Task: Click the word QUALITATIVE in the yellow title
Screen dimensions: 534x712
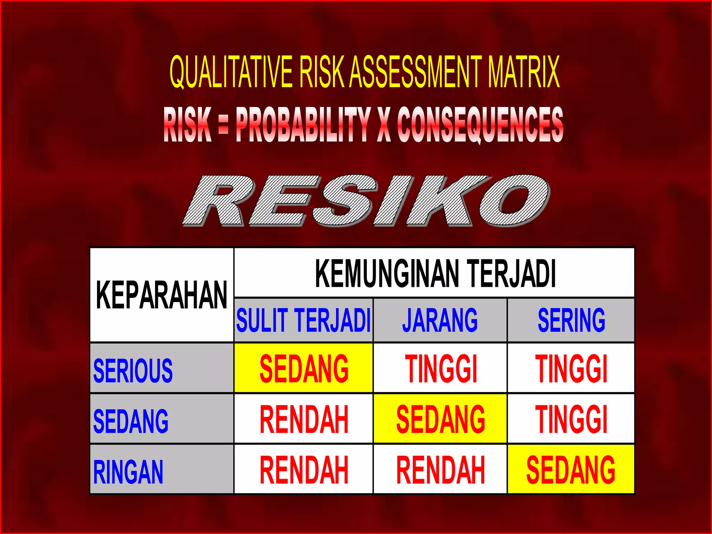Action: pos(231,72)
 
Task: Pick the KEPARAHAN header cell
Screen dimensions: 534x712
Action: pos(162,295)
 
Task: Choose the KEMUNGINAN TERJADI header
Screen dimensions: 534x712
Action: pos(435,273)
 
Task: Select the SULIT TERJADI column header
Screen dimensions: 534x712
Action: pos(304,320)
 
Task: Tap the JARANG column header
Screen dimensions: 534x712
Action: pos(440,320)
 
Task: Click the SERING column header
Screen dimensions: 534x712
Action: pos(571,320)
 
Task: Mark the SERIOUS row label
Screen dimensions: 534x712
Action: pos(133,371)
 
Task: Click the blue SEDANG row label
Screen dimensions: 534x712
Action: pos(131,421)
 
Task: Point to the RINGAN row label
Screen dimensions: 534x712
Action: pos(128,472)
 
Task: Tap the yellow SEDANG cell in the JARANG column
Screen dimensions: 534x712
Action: pos(440,419)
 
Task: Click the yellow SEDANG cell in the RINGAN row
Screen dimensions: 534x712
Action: pos(571,470)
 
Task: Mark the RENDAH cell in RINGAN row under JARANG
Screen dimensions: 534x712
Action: pos(440,470)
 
